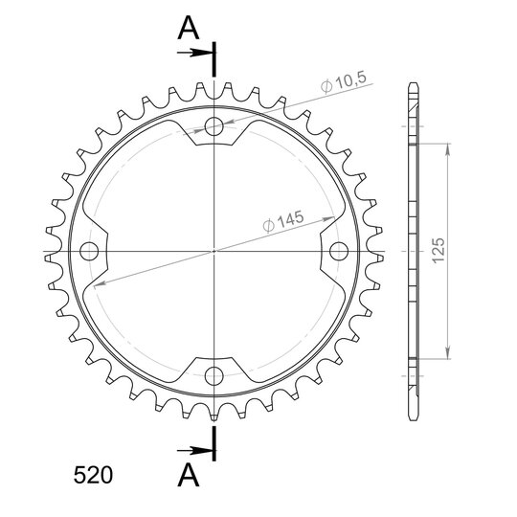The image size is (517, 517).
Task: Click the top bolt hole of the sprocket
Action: point(214,126)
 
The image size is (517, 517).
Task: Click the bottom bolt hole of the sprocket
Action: point(214,376)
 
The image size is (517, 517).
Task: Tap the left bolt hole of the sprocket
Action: point(89,251)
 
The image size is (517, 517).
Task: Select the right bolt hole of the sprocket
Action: point(339,251)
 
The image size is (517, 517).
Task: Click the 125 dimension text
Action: point(438,250)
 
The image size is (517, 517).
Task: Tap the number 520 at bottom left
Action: point(93,475)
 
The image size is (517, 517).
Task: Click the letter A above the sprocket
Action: point(189,29)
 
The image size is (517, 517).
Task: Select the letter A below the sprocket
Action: point(189,475)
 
